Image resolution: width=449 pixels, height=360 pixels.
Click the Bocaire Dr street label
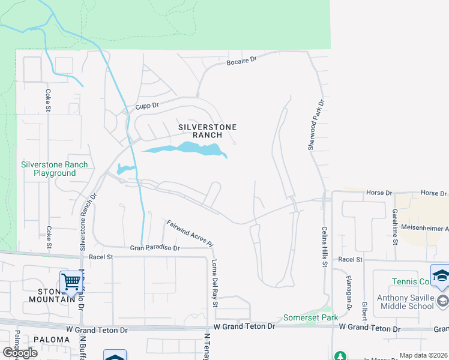[241, 61]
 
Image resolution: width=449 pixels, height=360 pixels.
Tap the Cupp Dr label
[146, 106]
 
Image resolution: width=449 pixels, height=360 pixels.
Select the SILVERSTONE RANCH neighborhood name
[208, 131]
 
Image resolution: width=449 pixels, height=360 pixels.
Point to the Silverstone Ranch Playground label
[54, 169]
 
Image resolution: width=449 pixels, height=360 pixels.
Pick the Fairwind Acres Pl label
[190, 233]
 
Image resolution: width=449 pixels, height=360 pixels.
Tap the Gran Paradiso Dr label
[155, 248]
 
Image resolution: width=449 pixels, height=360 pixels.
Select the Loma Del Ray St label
[214, 282]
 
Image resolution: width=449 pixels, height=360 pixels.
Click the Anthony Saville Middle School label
[405, 302]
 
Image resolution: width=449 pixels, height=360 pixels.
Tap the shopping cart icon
[71, 280]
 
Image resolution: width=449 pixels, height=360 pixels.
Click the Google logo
[20, 352]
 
